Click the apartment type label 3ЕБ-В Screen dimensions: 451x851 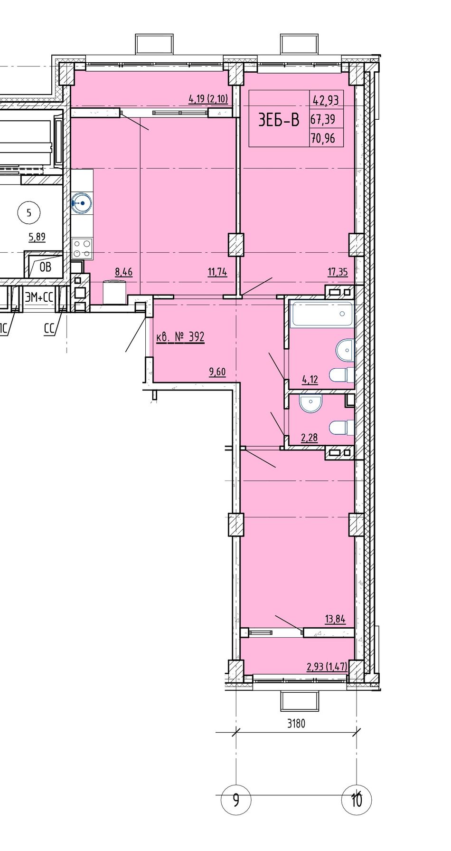tap(279, 120)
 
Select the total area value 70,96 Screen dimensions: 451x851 tap(322, 138)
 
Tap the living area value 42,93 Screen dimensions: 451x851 tap(325, 100)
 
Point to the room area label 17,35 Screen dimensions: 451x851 tap(338, 272)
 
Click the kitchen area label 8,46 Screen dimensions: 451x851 tap(123, 272)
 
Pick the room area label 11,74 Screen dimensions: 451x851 tap(217, 272)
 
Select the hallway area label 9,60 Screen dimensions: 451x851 tap(217, 372)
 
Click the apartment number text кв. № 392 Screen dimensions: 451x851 tap(180, 337)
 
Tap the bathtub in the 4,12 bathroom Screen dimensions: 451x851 tap(323, 314)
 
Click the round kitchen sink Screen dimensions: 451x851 tap(82, 204)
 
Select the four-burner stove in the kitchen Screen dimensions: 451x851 tap(82, 249)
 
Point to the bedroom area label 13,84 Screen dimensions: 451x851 tap(335, 619)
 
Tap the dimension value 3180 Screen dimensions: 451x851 tap(296, 724)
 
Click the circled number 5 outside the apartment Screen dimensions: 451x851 tap(29, 213)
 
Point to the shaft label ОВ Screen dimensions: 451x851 tap(45, 267)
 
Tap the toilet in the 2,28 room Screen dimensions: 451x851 tap(343, 428)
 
